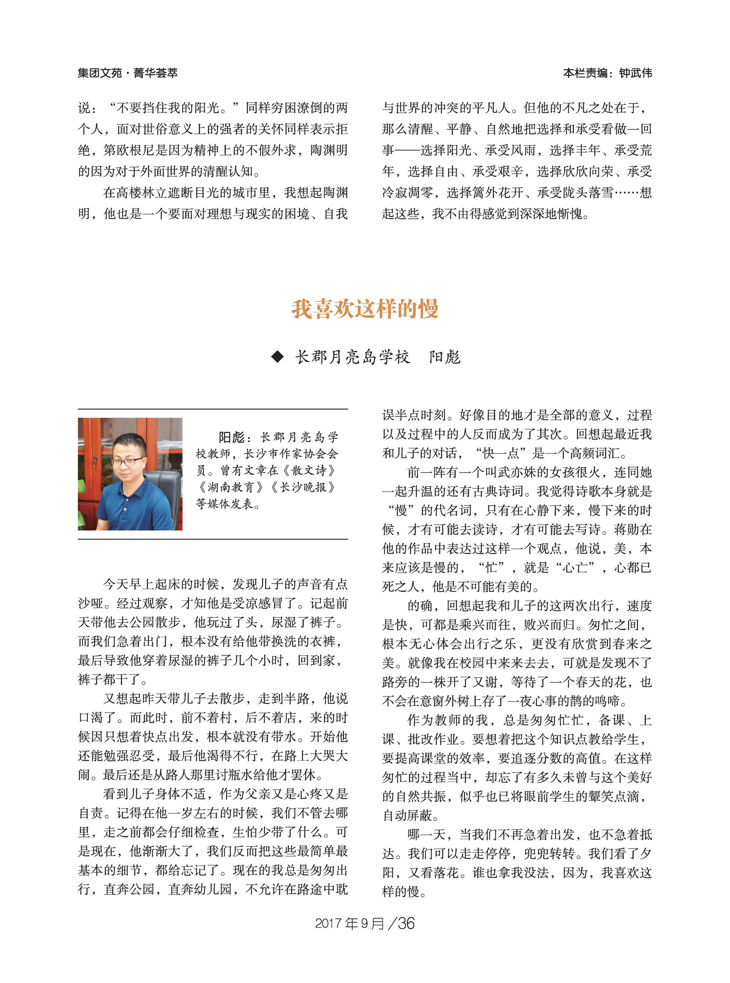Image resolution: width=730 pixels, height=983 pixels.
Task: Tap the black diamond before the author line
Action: (x=277, y=356)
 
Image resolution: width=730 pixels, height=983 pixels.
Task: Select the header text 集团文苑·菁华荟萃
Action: (x=128, y=73)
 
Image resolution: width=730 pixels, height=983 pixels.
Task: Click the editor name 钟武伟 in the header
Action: (x=635, y=73)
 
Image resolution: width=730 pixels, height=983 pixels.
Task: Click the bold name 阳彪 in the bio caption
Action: (x=231, y=437)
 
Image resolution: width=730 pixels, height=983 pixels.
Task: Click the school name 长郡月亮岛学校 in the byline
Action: (x=353, y=357)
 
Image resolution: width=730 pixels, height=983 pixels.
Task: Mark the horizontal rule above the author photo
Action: (x=213, y=409)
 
